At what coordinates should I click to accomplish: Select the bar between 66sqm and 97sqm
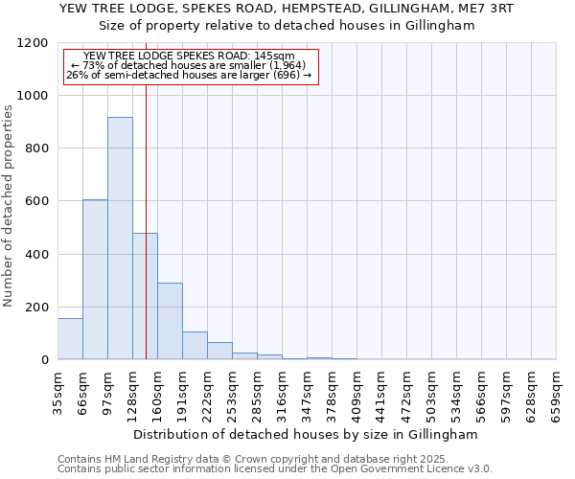coord(95,279)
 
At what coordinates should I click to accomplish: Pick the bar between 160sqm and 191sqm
coord(170,321)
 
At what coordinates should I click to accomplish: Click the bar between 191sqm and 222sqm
coord(195,345)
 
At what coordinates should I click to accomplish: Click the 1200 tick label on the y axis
coord(34,43)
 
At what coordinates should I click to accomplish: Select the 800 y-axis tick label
coord(37,148)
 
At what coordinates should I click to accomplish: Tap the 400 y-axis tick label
coord(37,254)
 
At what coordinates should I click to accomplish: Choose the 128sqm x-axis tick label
coord(132,392)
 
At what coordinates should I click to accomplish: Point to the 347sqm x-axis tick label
coord(307,392)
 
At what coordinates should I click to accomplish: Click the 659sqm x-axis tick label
coord(556,392)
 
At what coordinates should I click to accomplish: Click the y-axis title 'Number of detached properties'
coord(10,207)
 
